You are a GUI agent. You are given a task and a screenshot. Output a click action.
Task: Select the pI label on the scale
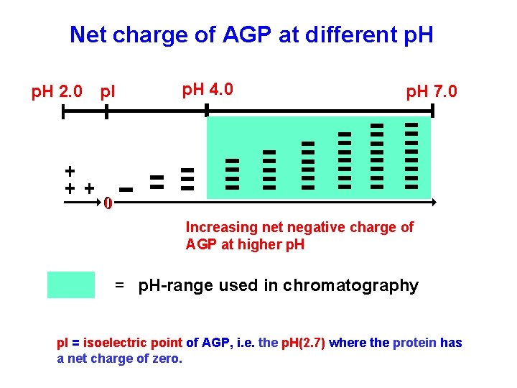pos(108,92)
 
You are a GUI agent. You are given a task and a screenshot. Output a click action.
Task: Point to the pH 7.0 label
pos(432,92)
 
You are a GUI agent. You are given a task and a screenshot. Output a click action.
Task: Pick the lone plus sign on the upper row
pos(69,171)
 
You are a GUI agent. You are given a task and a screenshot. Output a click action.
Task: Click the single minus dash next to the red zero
pos(127,190)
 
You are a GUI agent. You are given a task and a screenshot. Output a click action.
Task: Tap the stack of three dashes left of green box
pos(187,179)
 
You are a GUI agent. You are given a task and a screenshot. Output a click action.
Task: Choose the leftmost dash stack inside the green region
pos(232,173)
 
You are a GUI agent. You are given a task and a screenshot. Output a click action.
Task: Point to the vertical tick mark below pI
pos(106,111)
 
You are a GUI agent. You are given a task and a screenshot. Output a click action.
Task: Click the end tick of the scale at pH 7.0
pos(433,111)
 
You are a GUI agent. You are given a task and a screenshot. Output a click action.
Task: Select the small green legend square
pos(70,285)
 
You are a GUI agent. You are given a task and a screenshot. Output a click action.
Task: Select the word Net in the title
pos(87,34)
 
